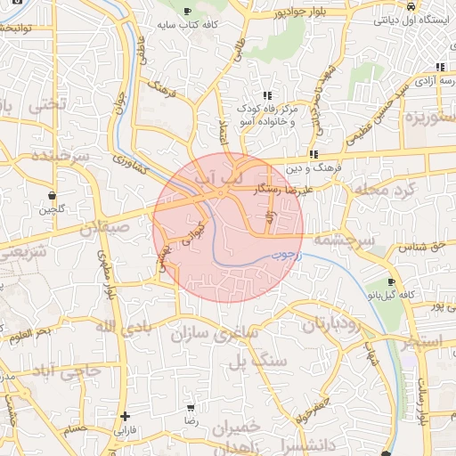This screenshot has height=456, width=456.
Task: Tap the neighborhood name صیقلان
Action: pos(105,228)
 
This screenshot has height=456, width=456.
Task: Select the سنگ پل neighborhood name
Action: pos(257,362)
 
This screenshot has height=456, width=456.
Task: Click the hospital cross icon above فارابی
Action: pos(125,416)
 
